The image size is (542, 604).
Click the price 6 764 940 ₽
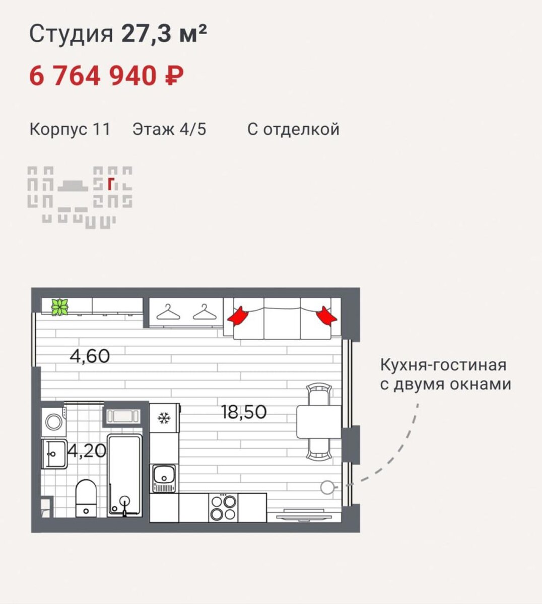click(x=106, y=76)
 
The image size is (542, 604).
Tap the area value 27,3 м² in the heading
click(x=164, y=35)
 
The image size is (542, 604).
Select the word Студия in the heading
click(x=71, y=35)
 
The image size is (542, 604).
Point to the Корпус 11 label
click(x=70, y=129)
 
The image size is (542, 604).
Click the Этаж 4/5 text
click(x=169, y=129)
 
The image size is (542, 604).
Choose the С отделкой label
click(x=293, y=129)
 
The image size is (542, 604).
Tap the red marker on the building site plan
click(x=110, y=185)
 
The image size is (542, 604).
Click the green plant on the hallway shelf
click(x=59, y=307)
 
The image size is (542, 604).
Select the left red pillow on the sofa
click(x=238, y=316)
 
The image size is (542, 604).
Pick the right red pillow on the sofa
click(x=326, y=316)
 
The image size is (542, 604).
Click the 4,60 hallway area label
click(x=90, y=356)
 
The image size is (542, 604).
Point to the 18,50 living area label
click(x=244, y=412)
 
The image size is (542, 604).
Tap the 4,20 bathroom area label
click(x=87, y=450)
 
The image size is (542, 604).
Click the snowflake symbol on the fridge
click(x=163, y=418)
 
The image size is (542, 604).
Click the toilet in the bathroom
click(x=86, y=497)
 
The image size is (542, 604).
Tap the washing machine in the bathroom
click(x=53, y=421)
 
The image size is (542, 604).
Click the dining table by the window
click(x=319, y=422)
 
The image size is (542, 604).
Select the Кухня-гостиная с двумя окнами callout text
click(x=445, y=374)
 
